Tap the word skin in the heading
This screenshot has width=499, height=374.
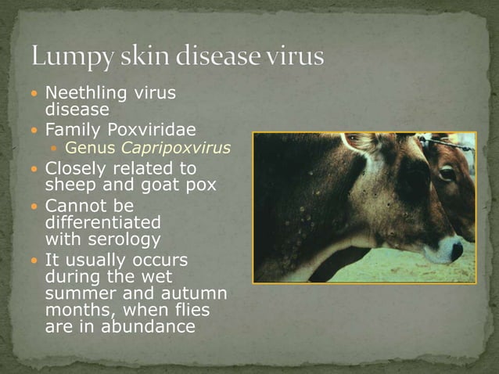pyautogui.click(x=136, y=57)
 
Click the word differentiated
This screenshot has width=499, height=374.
pyautogui.click(x=92, y=222)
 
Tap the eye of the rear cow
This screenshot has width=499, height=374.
pyautogui.click(x=447, y=174)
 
